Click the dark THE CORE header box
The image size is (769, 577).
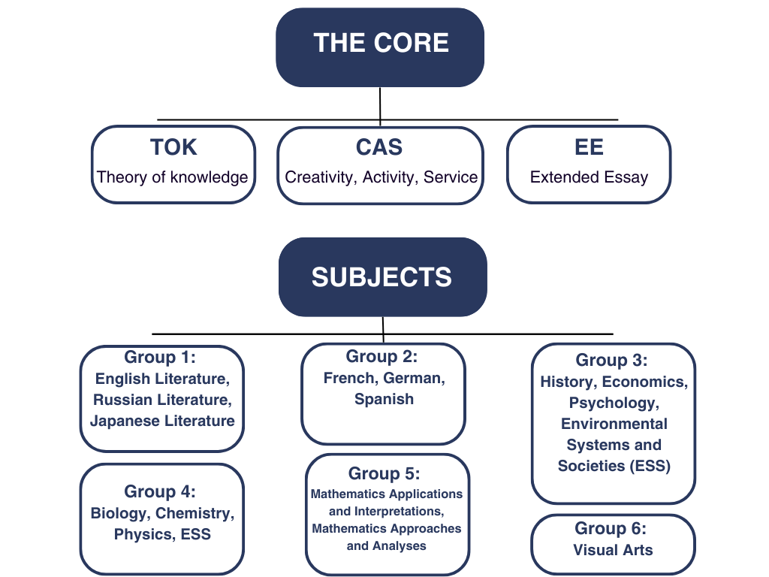point(380,47)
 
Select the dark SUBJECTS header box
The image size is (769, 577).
point(382,276)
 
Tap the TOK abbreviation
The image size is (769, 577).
point(173,147)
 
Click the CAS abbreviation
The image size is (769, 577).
point(379,147)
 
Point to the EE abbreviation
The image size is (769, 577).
point(589,147)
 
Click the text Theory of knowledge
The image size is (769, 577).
point(173,178)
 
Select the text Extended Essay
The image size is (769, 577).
point(589,178)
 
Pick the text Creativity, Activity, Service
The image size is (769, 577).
point(381,178)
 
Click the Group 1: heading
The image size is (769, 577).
point(160,357)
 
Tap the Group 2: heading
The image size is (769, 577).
point(381,356)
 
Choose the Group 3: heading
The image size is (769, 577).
point(611,360)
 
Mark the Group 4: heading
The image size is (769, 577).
point(160,491)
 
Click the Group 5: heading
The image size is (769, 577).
point(384,474)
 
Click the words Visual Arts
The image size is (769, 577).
point(613,550)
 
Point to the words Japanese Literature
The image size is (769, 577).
point(162,421)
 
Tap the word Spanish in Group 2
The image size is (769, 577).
point(384,399)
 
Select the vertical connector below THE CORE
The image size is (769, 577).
point(380,104)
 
